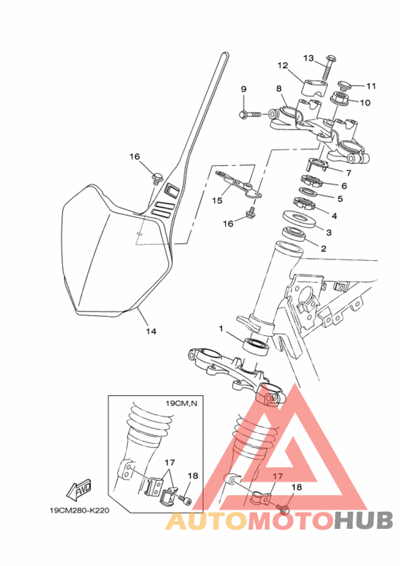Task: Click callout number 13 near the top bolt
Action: [309, 58]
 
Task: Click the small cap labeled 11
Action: [345, 86]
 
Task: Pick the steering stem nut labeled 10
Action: [340, 99]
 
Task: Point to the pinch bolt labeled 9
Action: [250, 114]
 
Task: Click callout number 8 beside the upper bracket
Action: [279, 89]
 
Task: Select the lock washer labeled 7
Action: [318, 164]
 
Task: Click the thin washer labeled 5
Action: [309, 192]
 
